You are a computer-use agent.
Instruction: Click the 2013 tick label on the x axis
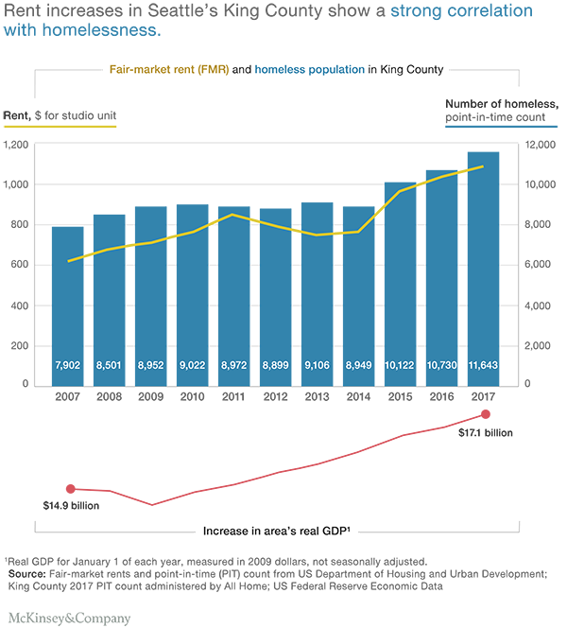click(x=317, y=397)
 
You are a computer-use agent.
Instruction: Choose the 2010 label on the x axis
click(x=192, y=397)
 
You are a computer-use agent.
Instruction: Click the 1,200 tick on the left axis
click(x=18, y=145)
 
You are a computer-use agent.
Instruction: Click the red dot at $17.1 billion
click(x=486, y=414)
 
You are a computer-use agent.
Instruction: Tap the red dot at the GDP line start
click(x=67, y=489)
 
